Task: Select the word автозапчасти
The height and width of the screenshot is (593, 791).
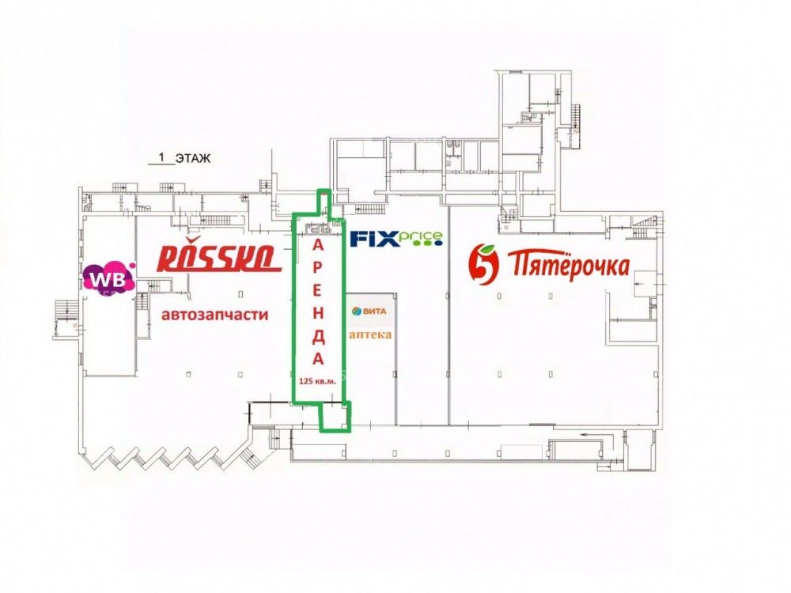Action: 214,315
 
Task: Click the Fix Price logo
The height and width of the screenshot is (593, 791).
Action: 396,238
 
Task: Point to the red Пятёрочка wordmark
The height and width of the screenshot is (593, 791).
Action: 567,263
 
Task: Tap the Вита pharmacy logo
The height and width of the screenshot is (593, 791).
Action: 369,312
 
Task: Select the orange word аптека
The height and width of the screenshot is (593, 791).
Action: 369,334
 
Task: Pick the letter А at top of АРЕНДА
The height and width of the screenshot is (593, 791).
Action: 318,246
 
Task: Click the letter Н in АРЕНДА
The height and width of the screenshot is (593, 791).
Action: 318,314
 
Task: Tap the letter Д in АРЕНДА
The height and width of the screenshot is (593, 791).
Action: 318,336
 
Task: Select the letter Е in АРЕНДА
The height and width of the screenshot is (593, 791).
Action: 318,291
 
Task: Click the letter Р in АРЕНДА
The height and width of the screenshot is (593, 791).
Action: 318,268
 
